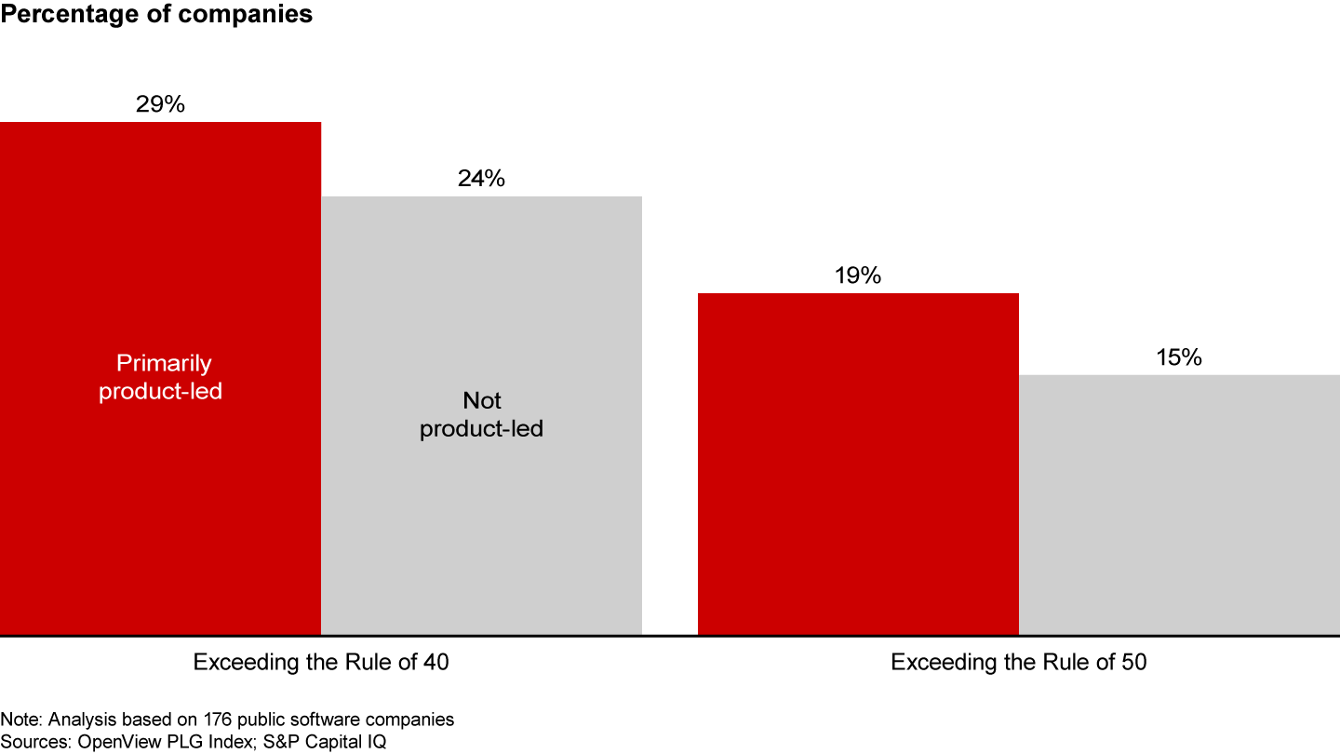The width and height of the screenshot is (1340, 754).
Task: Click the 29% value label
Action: (160, 104)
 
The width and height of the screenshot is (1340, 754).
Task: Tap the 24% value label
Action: (481, 179)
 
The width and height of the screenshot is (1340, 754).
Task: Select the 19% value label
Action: (858, 276)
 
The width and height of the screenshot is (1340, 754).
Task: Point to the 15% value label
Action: (1179, 357)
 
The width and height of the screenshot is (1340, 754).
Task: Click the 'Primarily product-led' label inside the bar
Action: (160, 377)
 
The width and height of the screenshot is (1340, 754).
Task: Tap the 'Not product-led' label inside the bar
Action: (481, 415)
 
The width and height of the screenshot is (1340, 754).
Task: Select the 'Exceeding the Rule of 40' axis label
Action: (321, 663)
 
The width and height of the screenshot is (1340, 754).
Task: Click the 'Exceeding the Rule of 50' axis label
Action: (1019, 663)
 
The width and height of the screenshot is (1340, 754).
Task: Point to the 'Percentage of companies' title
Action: (156, 16)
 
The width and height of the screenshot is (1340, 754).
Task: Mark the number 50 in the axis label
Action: (1133, 663)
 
